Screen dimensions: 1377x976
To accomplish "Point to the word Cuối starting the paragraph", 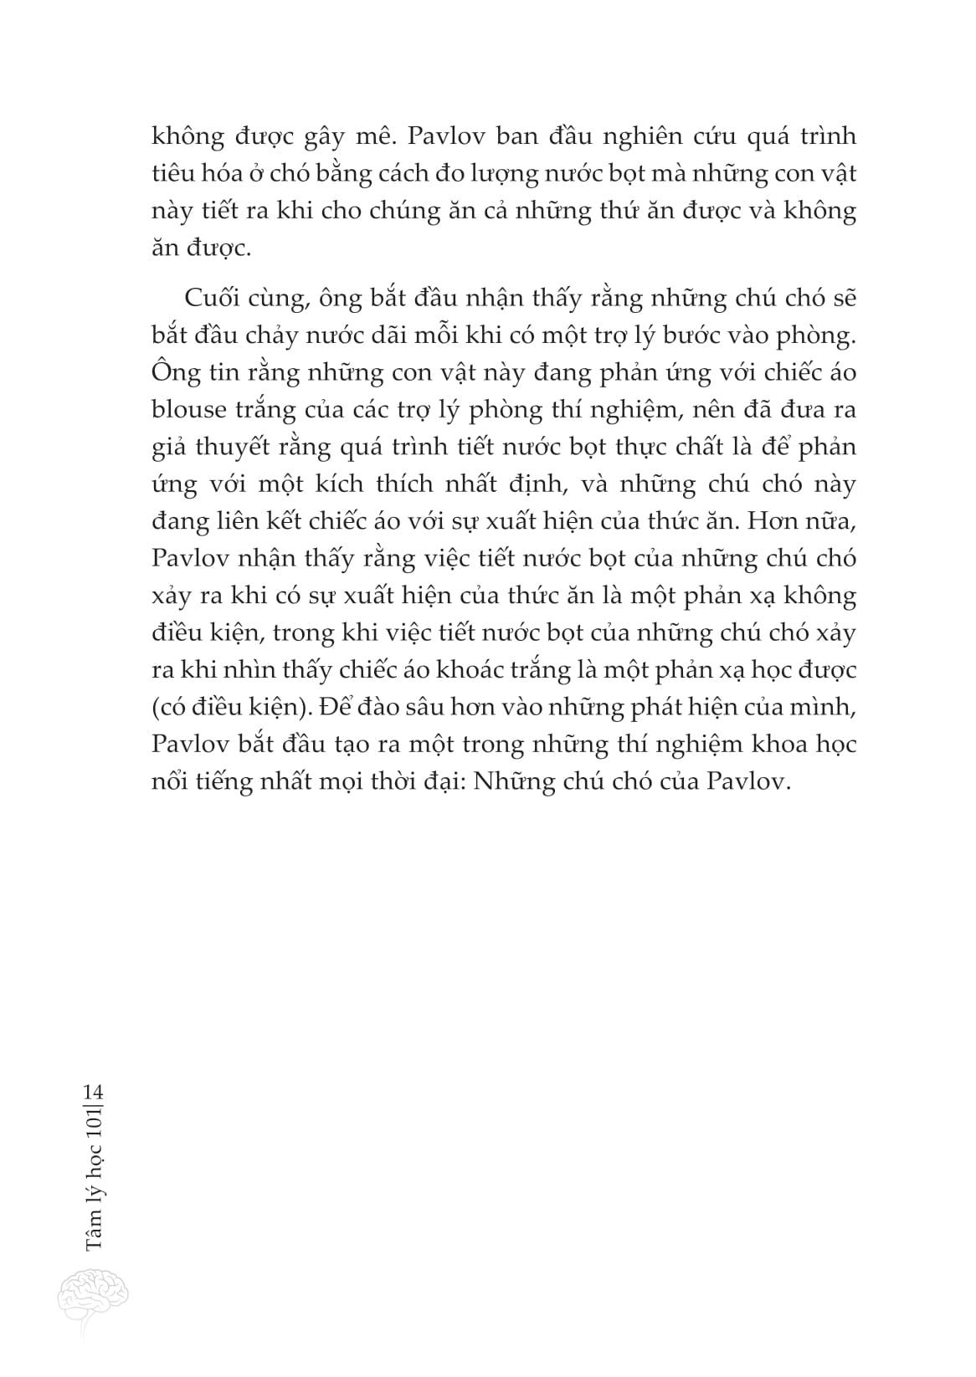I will tap(208, 299).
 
